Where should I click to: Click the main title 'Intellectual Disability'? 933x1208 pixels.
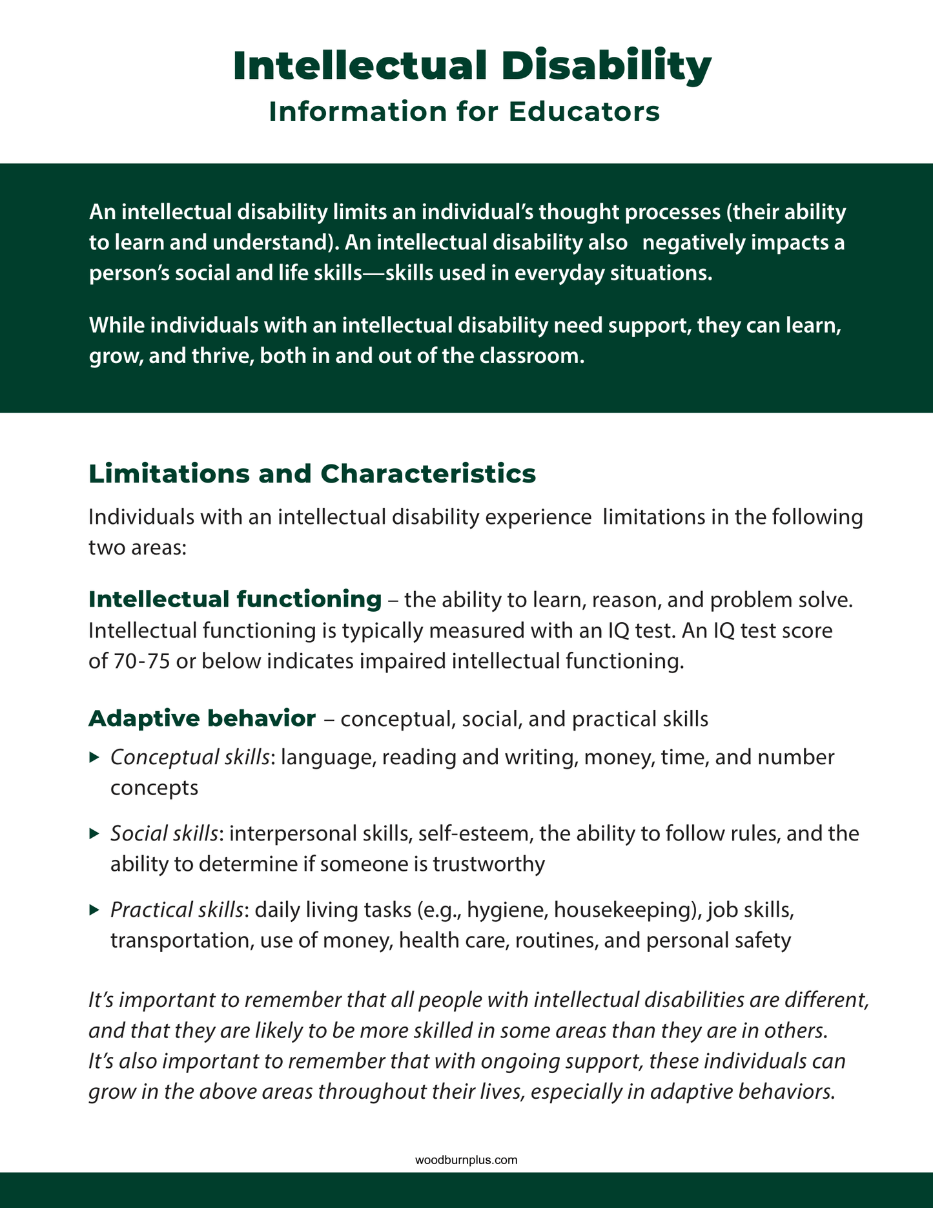point(472,66)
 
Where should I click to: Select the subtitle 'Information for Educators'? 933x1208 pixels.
point(464,111)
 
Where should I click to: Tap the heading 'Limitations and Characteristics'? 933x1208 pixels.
point(312,474)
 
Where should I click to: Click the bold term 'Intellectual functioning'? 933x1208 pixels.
point(234,599)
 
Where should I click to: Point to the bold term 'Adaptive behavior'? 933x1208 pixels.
point(201,718)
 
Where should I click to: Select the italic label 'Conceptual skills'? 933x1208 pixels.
point(190,756)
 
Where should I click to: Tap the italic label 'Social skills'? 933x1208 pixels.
point(164,833)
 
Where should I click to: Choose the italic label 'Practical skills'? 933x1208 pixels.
point(177,910)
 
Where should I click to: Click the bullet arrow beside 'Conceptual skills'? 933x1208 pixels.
point(94,756)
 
